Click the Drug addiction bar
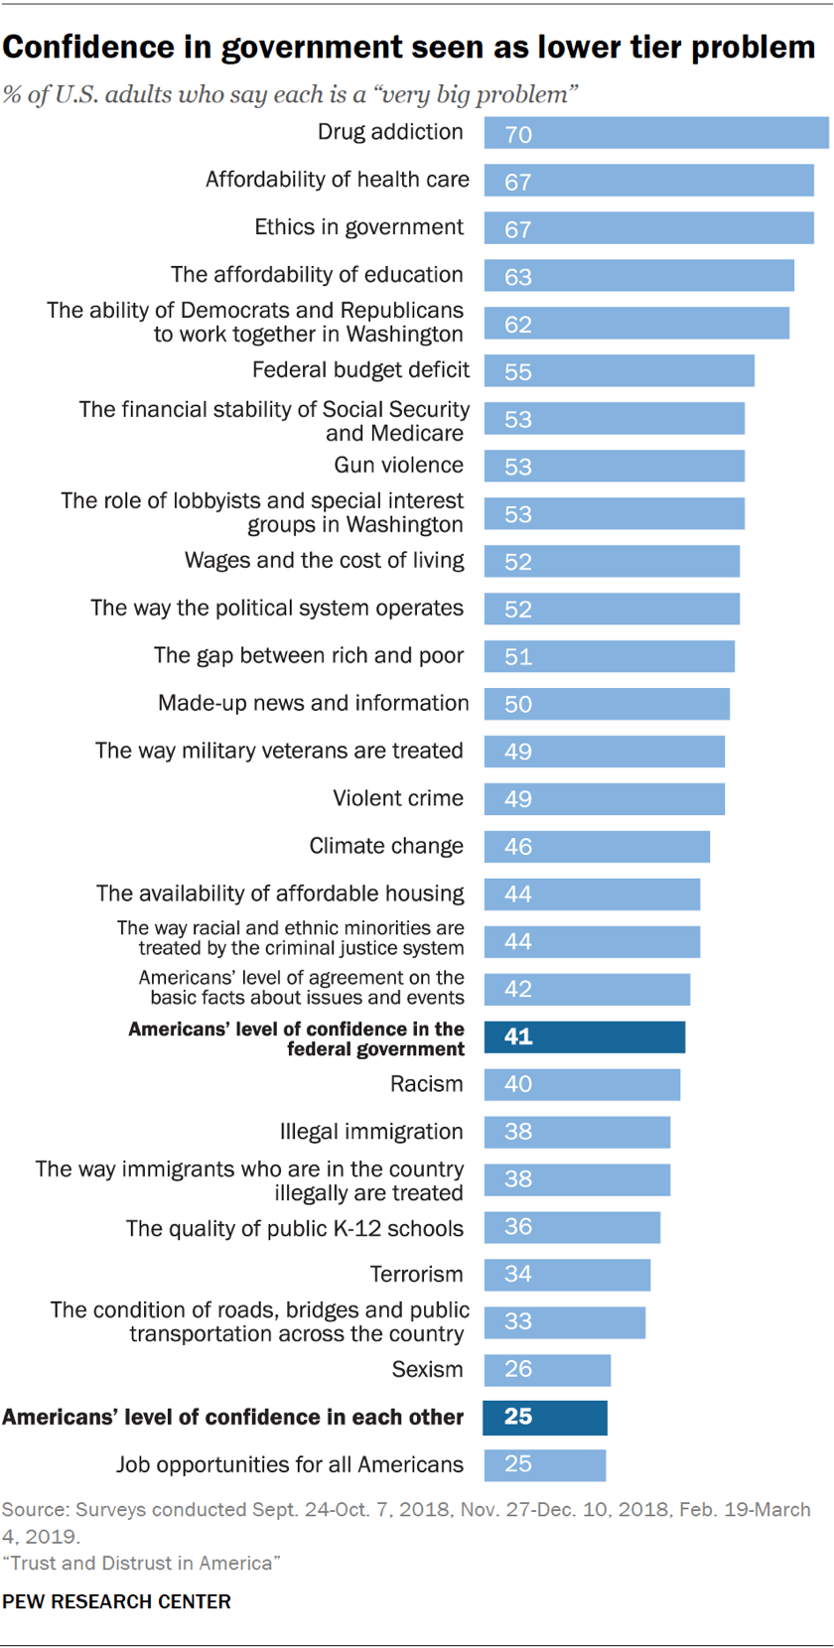click(x=655, y=133)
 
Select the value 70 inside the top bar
click(x=518, y=134)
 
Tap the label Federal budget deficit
click(x=359, y=370)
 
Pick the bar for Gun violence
click(x=614, y=466)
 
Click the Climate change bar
click(x=597, y=846)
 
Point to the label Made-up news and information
click(x=313, y=703)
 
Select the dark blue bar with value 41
click(x=584, y=1036)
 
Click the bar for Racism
click(x=582, y=1084)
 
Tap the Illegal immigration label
click(x=371, y=1132)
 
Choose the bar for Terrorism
click(x=567, y=1274)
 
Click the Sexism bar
click(x=547, y=1369)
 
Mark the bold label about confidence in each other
click(x=232, y=1417)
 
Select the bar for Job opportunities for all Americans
click(x=545, y=1464)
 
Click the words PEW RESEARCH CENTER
click(x=116, y=1601)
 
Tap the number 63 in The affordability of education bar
click(x=518, y=277)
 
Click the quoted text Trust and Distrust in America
click(x=141, y=1563)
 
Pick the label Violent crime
click(x=397, y=798)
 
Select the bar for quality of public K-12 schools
click(x=572, y=1227)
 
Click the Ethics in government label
click(x=358, y=227)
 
